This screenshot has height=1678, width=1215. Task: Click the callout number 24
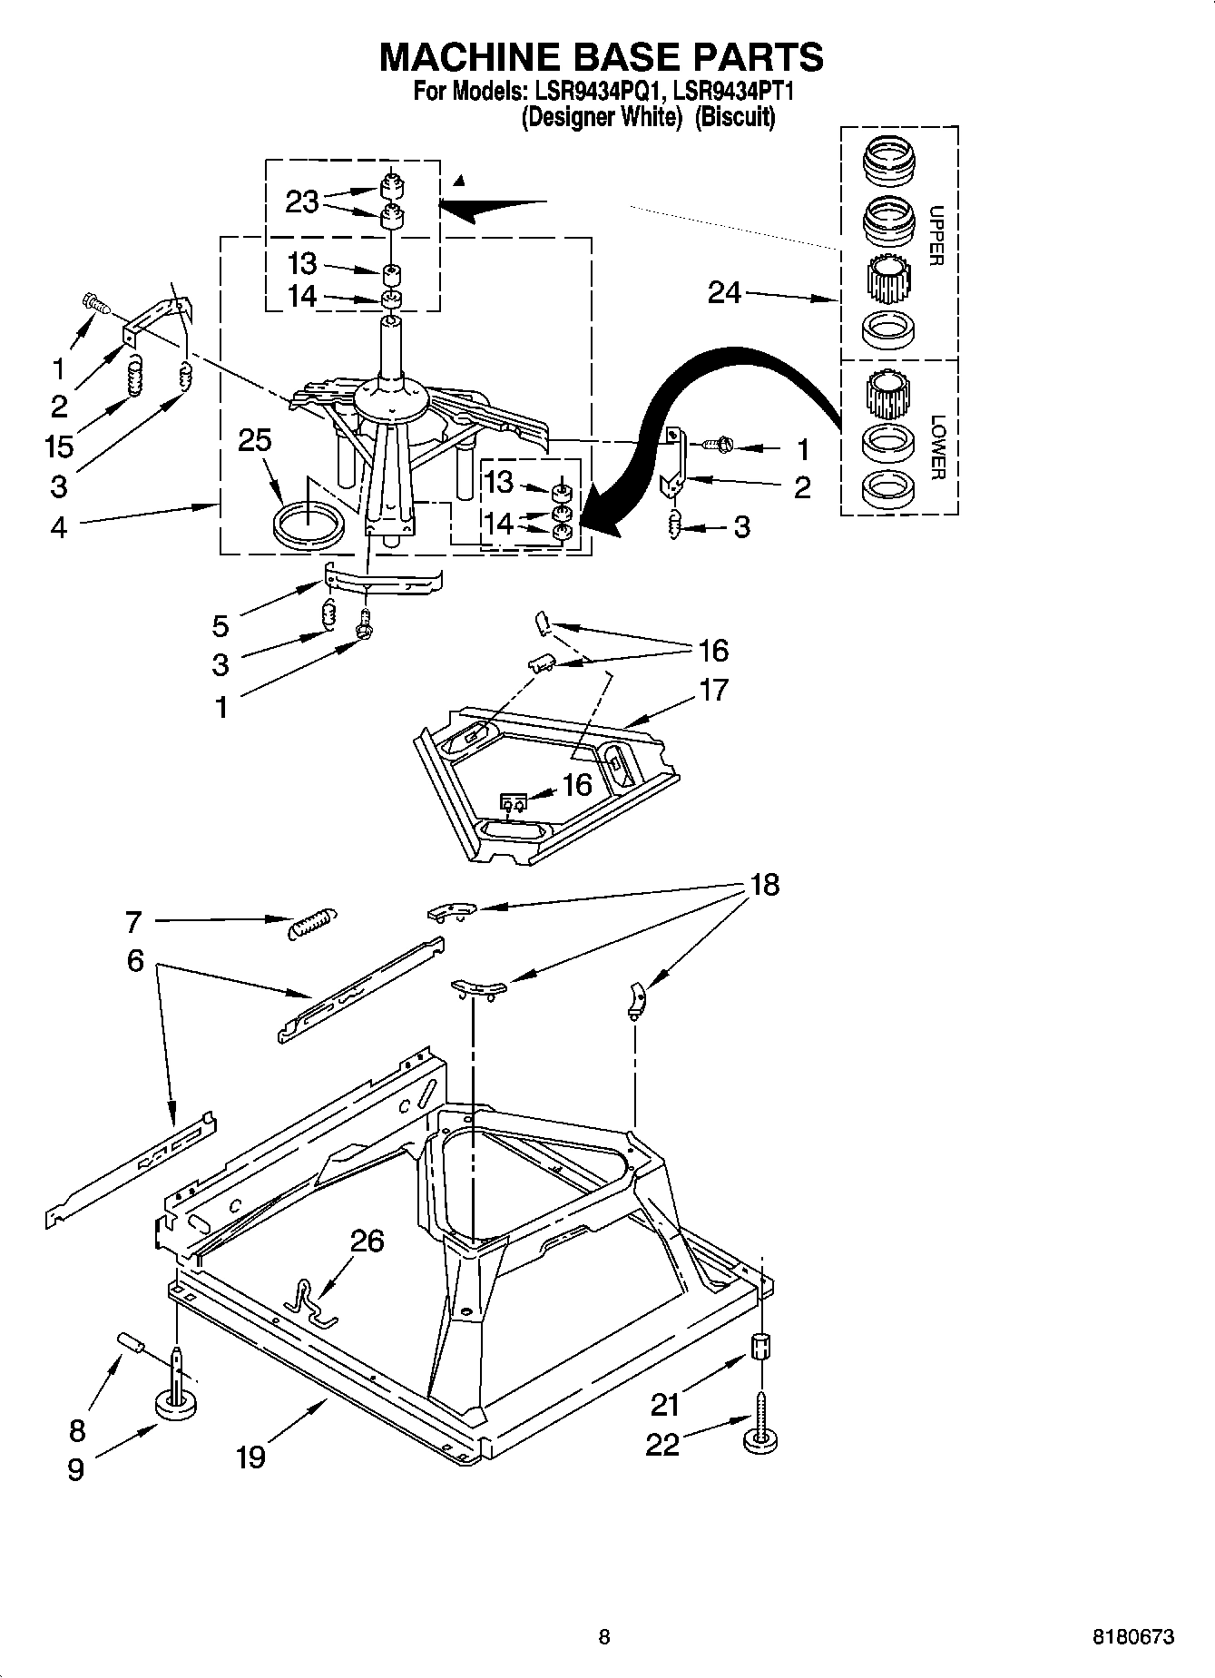724,293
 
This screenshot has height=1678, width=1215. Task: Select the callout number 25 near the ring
254,441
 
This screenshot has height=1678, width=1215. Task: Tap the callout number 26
367,1241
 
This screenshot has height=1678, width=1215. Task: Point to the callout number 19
250,1457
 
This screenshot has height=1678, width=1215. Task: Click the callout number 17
713,690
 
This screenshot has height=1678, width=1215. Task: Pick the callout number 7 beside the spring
133,922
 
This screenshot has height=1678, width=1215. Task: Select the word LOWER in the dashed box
937,446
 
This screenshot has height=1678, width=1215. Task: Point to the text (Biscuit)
735,117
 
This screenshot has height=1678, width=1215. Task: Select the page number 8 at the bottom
604,1637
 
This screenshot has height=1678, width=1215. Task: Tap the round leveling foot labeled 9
177,1408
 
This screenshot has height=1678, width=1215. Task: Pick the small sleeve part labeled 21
761,1345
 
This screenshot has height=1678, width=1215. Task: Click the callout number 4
59,526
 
